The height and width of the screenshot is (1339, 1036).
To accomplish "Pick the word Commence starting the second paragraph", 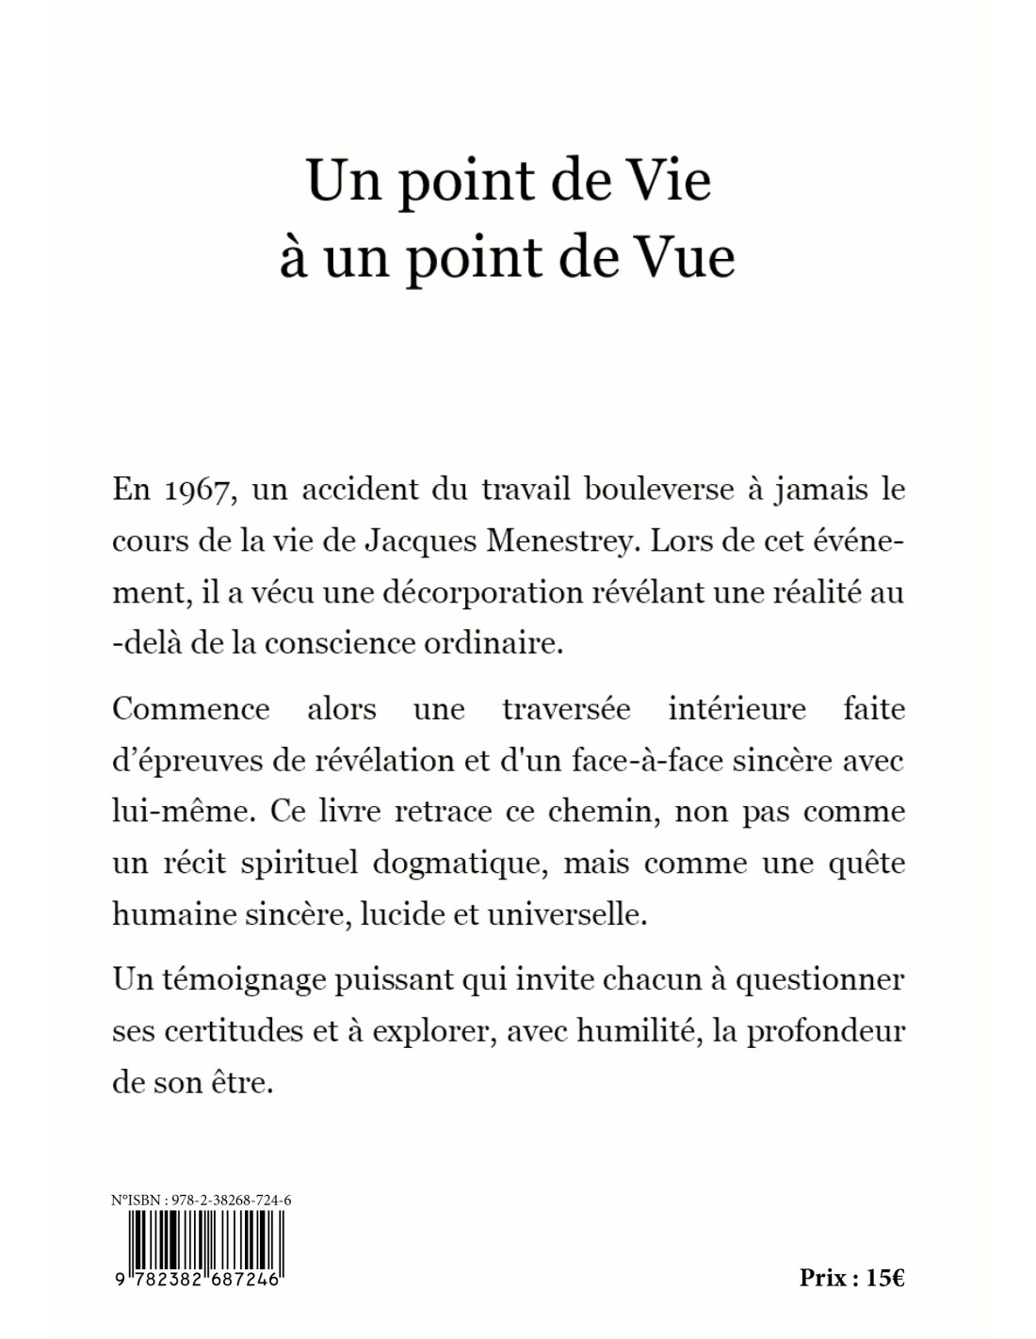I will pyautogui.click(x=190, y=708).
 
